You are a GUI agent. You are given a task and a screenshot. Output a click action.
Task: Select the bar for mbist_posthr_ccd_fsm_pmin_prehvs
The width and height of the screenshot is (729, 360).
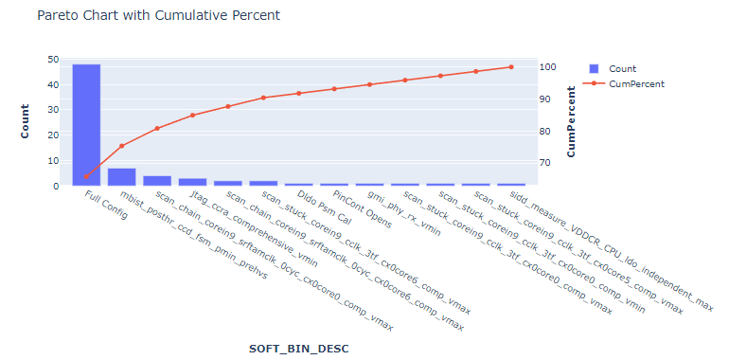[x=121, y=177]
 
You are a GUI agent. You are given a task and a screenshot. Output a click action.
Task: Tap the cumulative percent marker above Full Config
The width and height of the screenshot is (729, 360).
[x=86, y=176]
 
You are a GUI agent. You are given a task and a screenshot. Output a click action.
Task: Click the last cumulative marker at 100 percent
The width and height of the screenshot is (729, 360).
[x=511, y=67]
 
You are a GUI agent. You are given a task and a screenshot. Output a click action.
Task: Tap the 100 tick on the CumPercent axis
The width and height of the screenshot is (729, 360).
[x=547, y=67]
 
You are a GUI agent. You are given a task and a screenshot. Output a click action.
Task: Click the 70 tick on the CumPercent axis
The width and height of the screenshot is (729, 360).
[x=544, y=163]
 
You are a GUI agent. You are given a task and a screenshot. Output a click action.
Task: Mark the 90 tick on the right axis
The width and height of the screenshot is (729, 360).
[x=544, y=99]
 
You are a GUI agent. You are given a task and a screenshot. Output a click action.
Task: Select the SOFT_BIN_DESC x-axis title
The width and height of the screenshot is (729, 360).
[x=298, y=349]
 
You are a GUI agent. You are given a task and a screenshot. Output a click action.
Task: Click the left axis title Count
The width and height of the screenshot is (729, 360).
[x=26, y=122]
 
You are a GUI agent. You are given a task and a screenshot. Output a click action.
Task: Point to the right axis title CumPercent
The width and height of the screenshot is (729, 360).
[x=571, y=122]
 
